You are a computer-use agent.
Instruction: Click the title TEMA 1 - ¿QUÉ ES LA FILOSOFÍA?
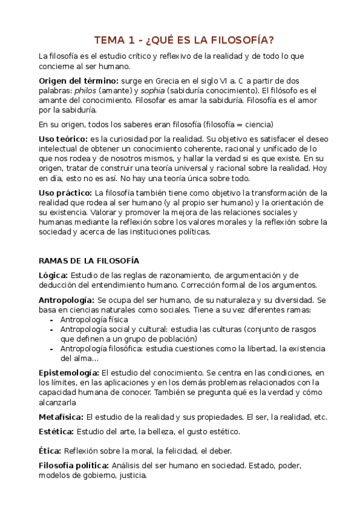pos(184,40)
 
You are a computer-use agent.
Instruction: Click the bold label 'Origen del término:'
pos(78,81)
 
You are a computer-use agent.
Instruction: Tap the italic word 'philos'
pos(86,90)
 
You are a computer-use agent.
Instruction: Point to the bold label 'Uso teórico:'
pos(63,139)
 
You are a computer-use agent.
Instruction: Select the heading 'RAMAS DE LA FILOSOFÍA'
pos(88,260)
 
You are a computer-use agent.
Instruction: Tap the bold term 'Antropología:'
pos(66,300)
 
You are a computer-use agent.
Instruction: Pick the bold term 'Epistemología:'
pos(69,373)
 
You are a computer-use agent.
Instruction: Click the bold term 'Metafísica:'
pos(61,416)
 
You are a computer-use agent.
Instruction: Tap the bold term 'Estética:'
pos(56,431)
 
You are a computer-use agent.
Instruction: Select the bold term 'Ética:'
pos(50,450)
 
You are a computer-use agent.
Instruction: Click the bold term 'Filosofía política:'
pos(74,465)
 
